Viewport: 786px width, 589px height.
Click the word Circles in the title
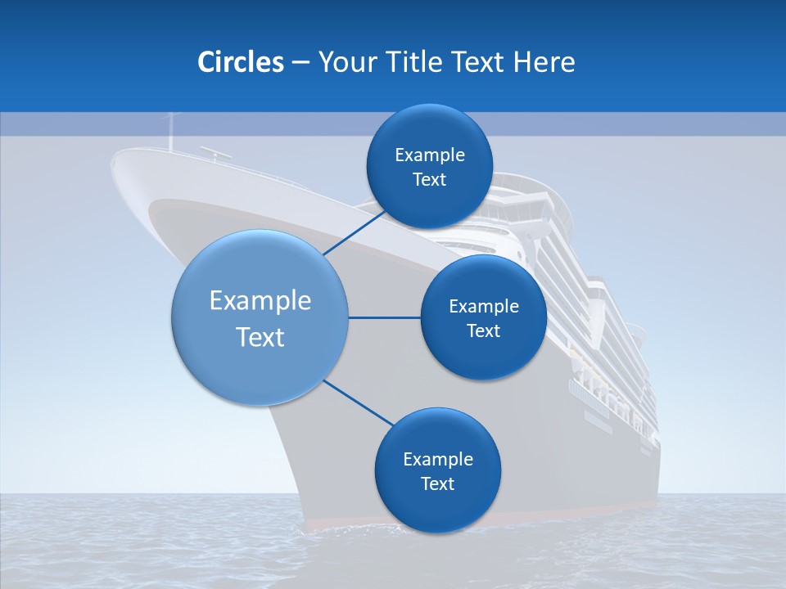240,62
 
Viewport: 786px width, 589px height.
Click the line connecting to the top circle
355,232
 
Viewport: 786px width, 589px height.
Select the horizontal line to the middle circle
384,317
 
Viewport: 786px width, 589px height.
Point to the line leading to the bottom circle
359,402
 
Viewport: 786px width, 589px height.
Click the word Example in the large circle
260,300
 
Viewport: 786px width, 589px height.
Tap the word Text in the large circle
260,336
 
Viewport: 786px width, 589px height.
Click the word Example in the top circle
429,155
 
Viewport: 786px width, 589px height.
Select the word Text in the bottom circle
437,483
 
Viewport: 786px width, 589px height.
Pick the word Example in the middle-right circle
483,306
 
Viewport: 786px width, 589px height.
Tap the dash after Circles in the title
300,62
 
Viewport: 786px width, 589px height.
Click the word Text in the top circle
429,180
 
